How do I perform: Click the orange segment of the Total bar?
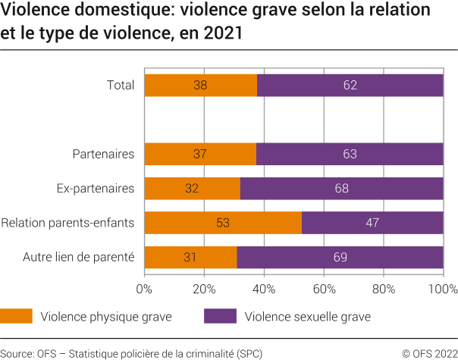[200, 86]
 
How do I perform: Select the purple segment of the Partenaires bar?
[350, 155]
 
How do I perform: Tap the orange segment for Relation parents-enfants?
[222, 223]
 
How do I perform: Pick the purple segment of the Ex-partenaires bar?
[341, 189]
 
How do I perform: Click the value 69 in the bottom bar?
[340, 258]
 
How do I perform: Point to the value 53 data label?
[222, 223]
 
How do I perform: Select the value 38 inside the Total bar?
[200, 86]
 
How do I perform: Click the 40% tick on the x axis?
[264, 289]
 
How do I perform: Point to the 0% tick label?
[144, 289]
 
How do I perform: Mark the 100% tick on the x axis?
[443, 289]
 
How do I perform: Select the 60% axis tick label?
[324, 289]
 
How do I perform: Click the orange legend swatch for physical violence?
[17, 316]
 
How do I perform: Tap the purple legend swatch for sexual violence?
[220, 316]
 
